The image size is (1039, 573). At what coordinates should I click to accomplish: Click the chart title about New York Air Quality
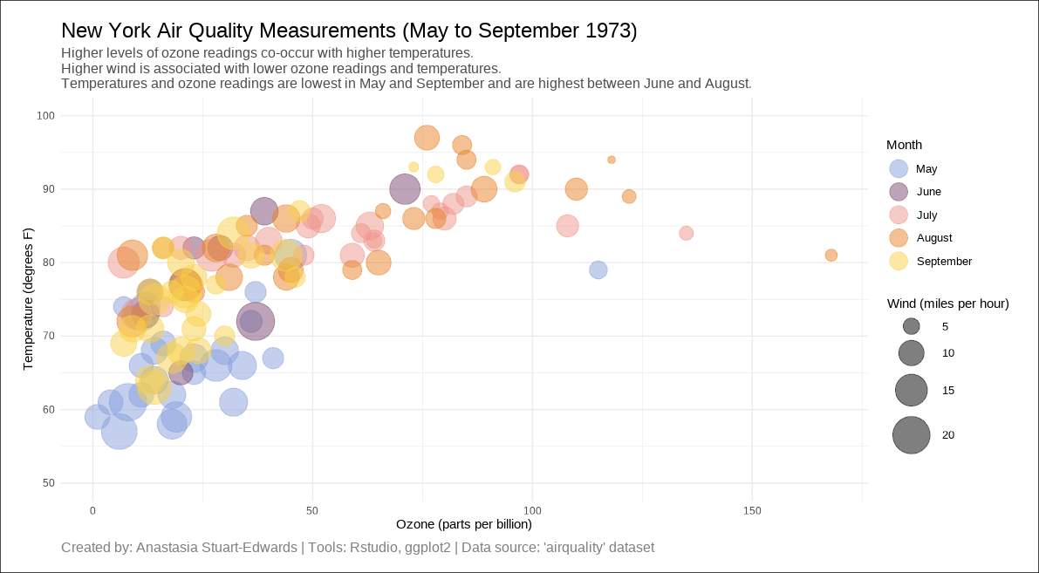pos(349,31)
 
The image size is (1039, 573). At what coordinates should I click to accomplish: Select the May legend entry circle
pos(898,168)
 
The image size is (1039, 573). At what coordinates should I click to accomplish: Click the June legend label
pos(928,192)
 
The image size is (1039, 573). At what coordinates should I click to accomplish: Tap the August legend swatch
pos(898,237)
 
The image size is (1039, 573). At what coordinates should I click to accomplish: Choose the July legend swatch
pos(898,215)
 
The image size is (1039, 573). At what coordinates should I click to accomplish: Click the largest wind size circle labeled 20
pos(912,435)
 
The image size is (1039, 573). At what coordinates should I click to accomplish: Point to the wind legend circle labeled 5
pos(912,326)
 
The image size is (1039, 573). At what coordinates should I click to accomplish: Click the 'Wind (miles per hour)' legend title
pos(947,304)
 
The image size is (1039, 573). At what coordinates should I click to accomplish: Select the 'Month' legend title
pos(904,145)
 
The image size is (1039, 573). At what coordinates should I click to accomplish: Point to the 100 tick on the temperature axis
pos(45,116)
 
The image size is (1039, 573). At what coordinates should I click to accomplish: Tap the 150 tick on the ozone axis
pos(752,510)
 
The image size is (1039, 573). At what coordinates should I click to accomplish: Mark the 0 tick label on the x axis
pos(92,510)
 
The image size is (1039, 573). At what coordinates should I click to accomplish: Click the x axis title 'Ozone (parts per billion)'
pos(463,524)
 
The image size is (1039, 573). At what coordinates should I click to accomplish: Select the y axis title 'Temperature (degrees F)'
pos(28,299)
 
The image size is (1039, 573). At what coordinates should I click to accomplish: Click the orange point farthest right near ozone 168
pos(831,256)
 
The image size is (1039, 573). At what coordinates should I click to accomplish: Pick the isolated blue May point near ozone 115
pos(598,269)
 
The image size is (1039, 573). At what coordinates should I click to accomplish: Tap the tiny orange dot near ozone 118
pos(612,160)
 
